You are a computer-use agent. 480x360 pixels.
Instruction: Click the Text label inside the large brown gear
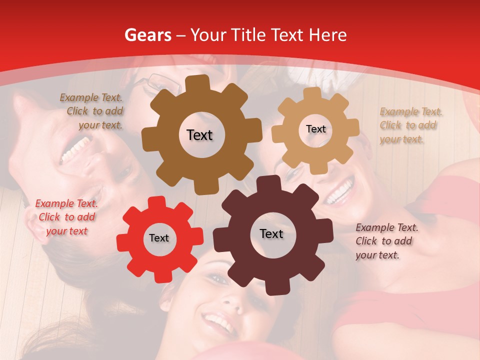[x=200, y=135]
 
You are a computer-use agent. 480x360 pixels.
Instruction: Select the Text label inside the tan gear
[x=315, y=129]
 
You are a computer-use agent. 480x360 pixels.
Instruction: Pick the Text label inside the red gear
[x=159, y=238]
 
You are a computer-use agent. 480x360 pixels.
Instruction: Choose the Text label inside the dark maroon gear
[x=271, y=233]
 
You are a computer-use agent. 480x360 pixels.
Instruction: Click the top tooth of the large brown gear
[x=200, y=83]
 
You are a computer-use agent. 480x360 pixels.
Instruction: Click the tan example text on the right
[x=410, y=125]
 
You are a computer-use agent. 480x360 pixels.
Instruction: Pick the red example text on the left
[x=66, y=217]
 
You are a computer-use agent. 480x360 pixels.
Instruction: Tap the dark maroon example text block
[x=386, y=241]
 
